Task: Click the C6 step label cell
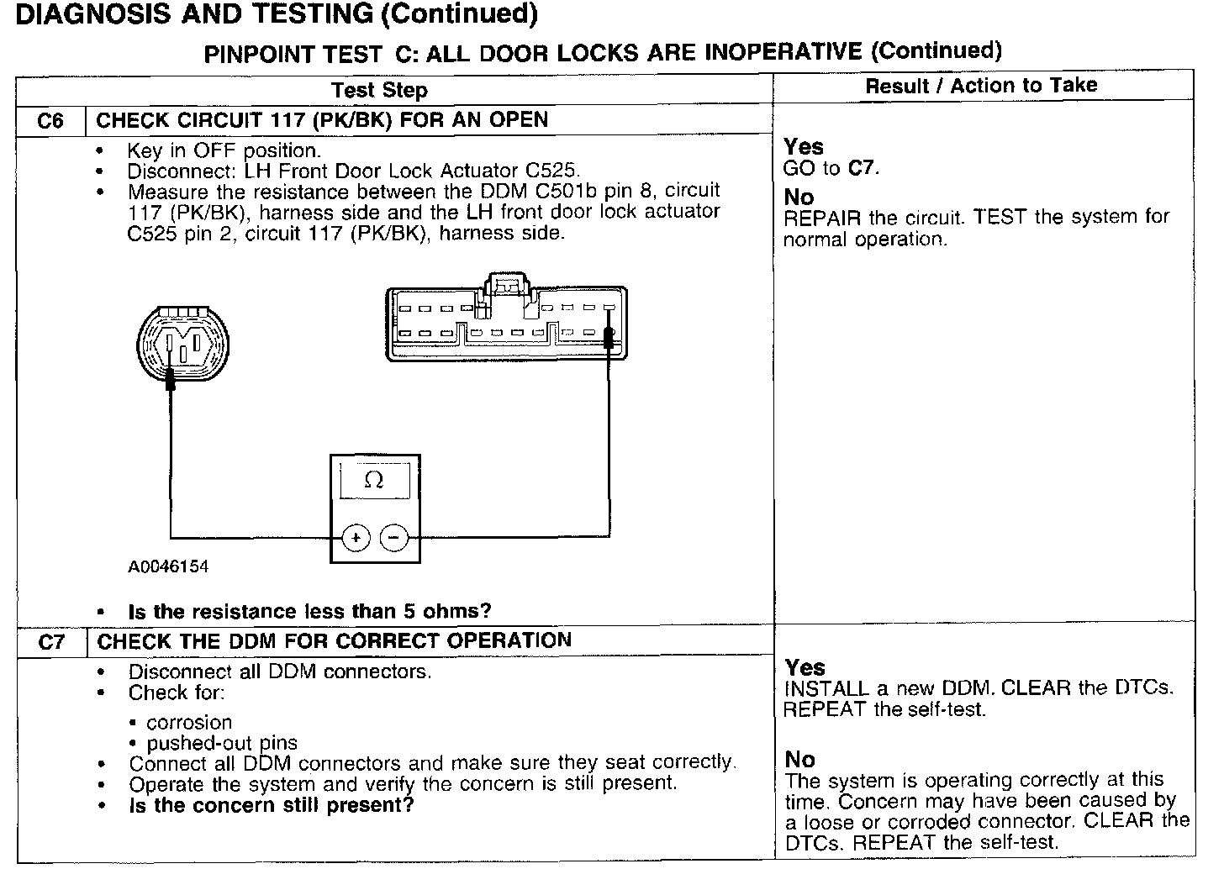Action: click(x=50, y=121)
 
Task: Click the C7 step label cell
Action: click(x=50, y=643)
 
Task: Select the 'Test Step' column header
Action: click(x=379, y=90)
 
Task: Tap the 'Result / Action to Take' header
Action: click(x=981, y=86)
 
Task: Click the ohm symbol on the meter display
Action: click(x=374, y=481)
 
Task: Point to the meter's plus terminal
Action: click(x=356, y=537)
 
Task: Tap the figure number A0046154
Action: click(x=168, y=566)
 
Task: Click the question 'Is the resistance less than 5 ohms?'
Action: click(x=309, y=611)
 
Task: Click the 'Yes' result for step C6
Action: click(x=804, y=147)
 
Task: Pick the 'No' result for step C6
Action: click(x=799, y=197)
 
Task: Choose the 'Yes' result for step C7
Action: click(x=805, y=668)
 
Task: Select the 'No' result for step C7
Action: click(x=800, y=760)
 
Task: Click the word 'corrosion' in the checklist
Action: click(x=189, y=723)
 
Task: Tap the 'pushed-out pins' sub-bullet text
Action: click(x=222, y=743)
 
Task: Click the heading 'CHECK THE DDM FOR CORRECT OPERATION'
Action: click(x=334, y=640)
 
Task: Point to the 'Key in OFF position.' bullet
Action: click(x=224, y=151)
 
